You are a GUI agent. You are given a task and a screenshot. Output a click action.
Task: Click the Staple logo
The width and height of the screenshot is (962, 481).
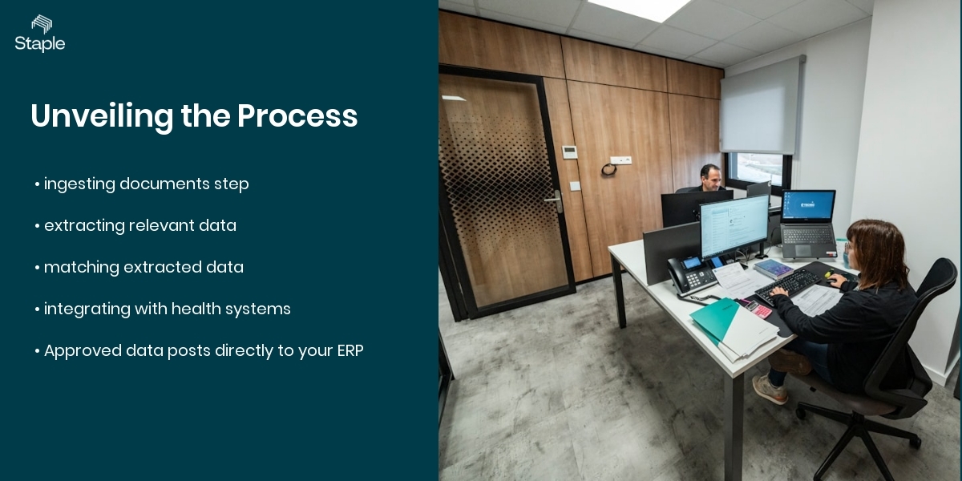coord(40,34)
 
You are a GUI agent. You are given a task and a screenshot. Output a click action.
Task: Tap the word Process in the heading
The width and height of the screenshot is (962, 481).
coord(297,116)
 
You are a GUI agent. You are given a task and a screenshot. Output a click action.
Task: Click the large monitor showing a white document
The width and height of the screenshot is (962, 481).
coord(734,225)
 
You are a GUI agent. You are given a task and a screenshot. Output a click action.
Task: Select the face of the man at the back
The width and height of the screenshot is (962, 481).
coord(709,176)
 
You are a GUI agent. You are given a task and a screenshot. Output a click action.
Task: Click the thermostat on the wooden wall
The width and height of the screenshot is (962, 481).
coord(569,152)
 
